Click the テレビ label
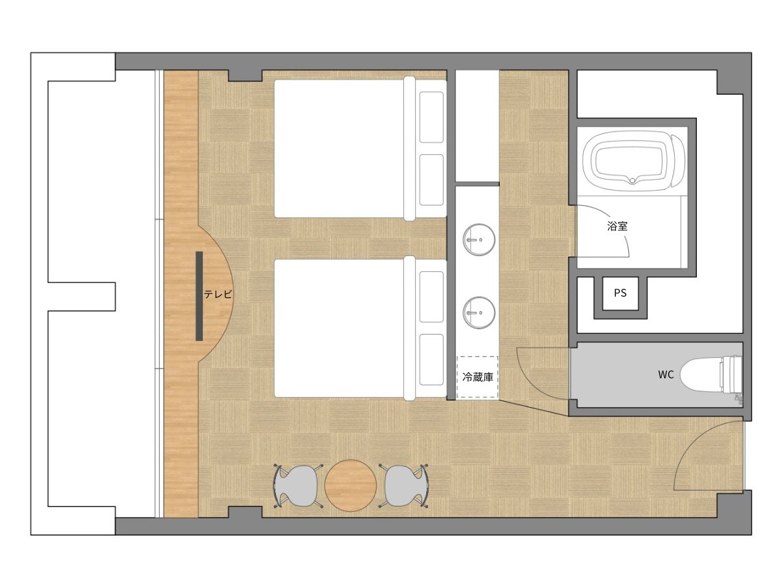[x=217, y=294]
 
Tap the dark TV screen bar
[x=199, y=296]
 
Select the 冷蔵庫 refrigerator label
[x=478, y=377]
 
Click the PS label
[x=620, y=293]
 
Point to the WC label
[x=666, y=374]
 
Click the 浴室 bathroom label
[x=617, y=226]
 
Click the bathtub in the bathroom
[x=633, y=161]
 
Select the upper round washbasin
[x=479, y=240]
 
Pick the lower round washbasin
[x=479, y=313]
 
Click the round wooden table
[x=350, y=485]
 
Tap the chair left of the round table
[x=298, y=485]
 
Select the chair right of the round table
[x=403, y=485]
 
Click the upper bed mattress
[x=339, y=148]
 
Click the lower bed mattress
[x=339, y=328]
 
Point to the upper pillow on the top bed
[x=431, y=117]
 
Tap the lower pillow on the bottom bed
[x=431, y=359]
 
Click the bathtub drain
[x=632, y=180]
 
